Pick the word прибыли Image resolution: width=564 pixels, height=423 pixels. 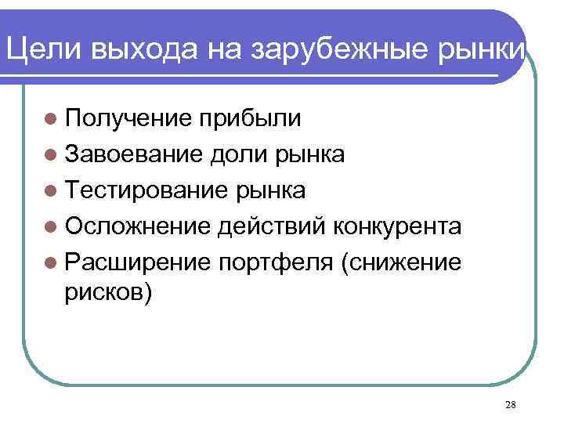(248, 118)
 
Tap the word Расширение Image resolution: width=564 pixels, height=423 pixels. (137, 262)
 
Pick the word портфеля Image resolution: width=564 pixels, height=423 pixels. (274, 262)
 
